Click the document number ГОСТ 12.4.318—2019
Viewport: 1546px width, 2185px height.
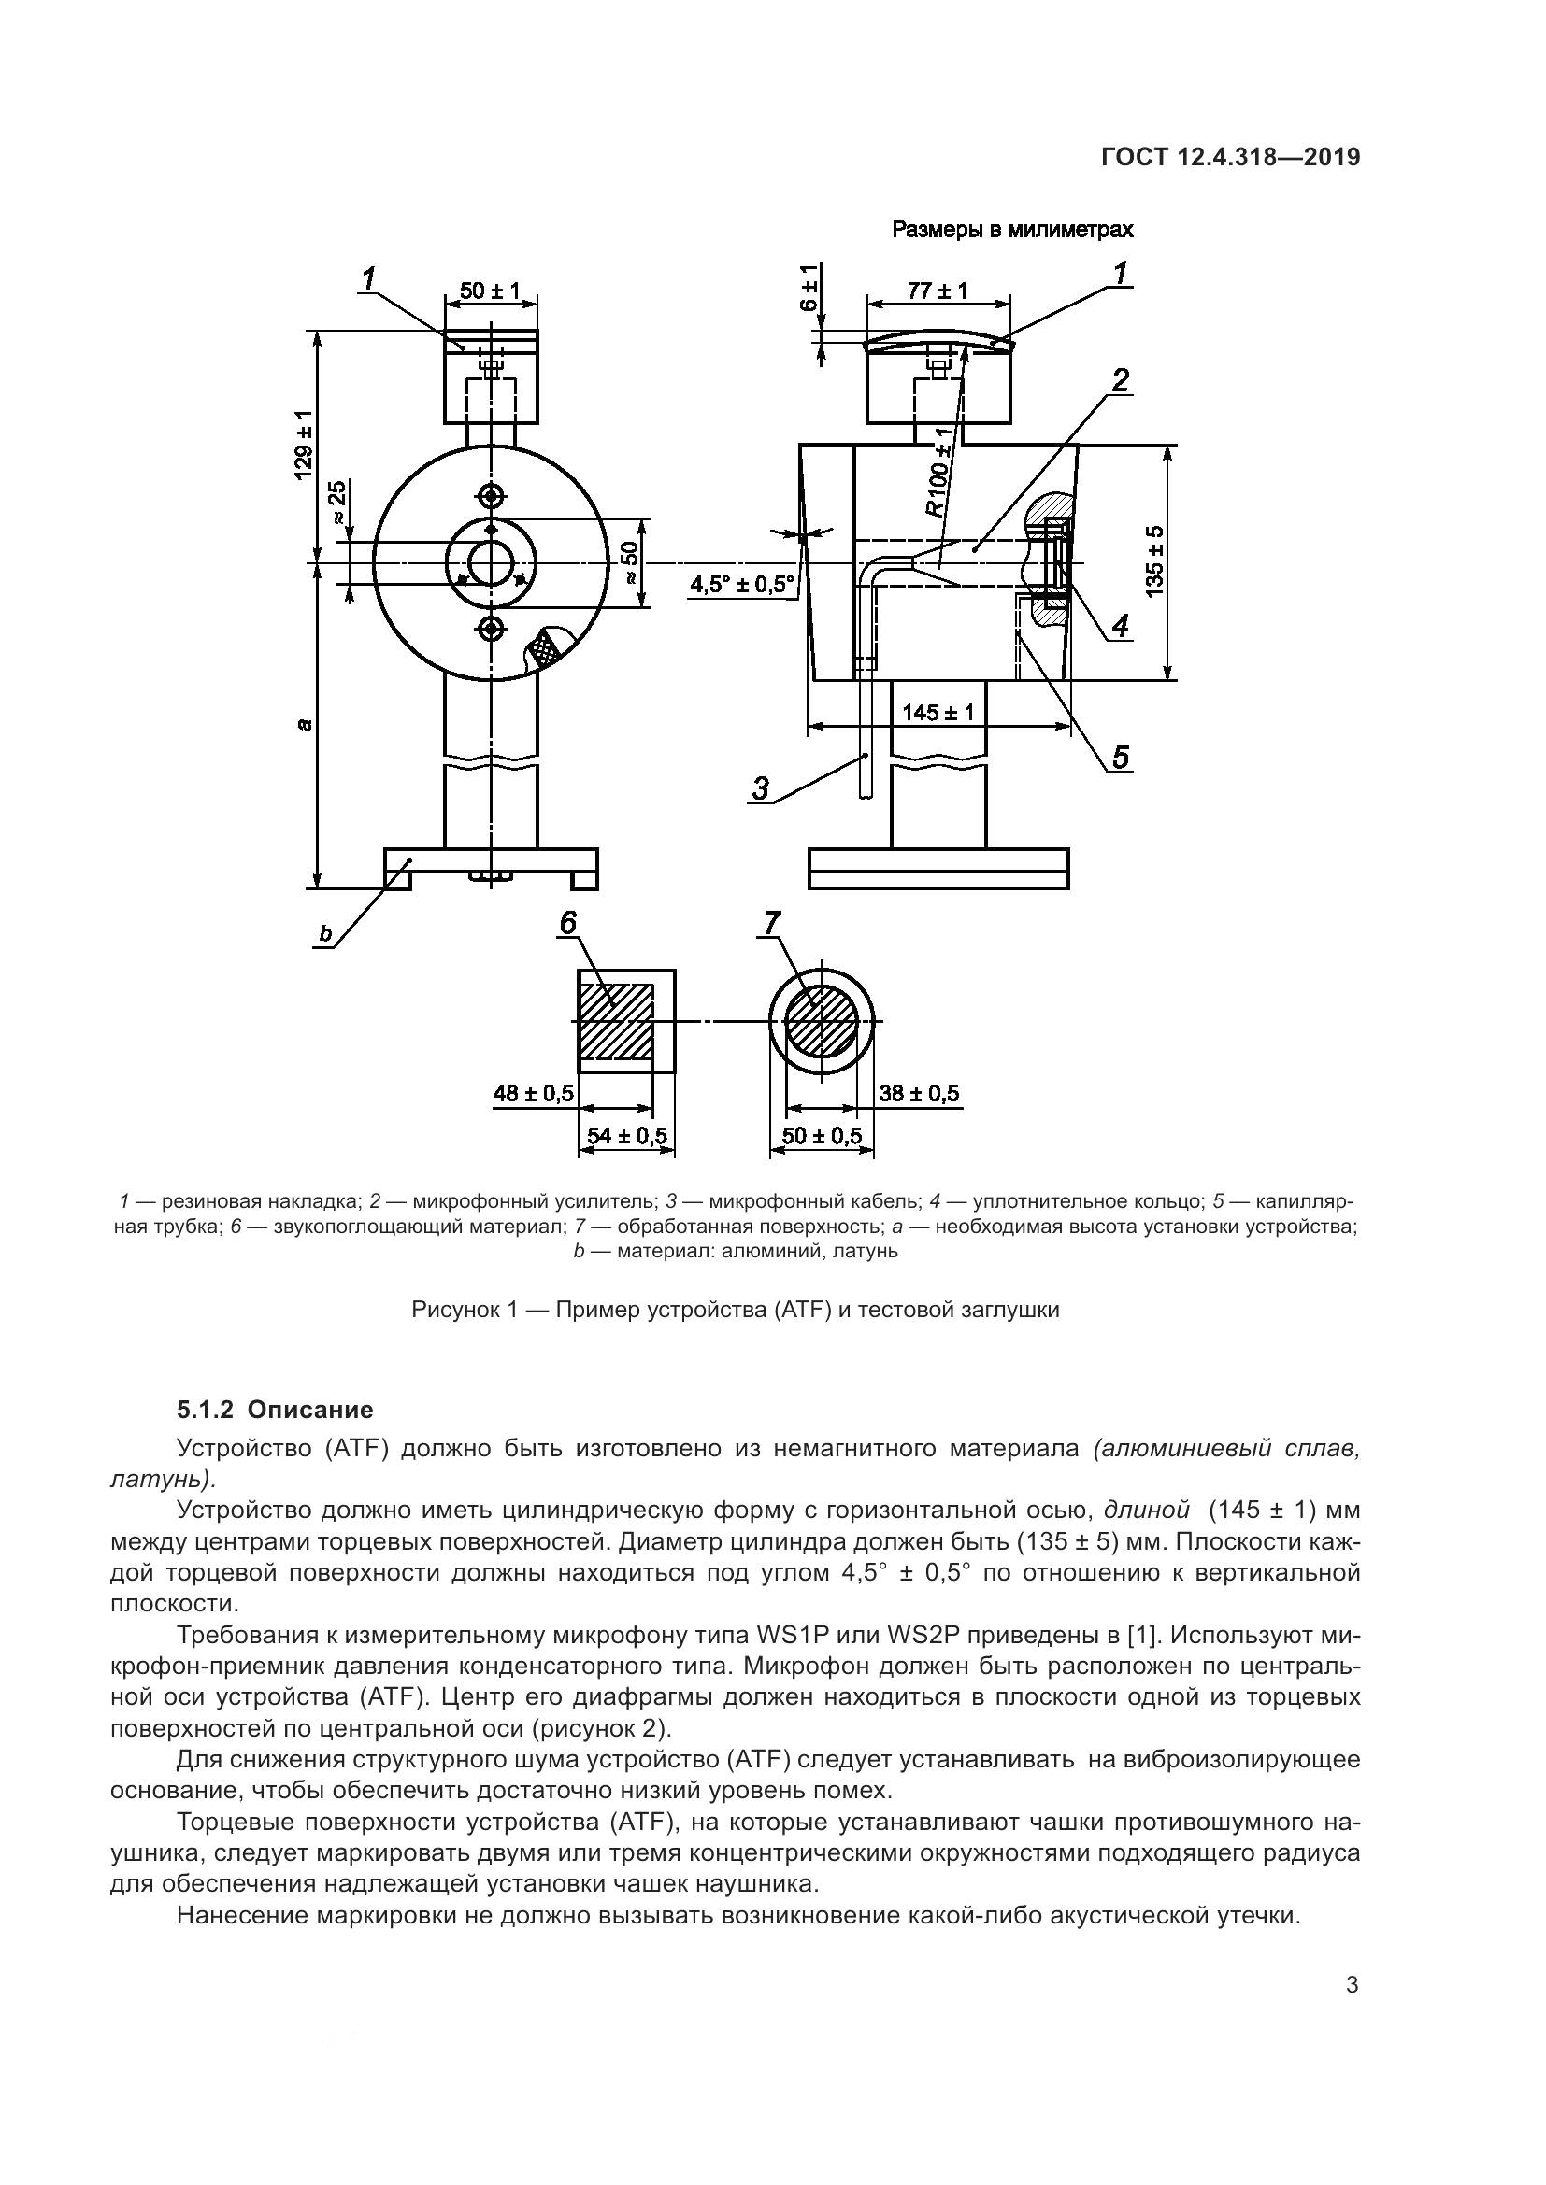coord(1230,157)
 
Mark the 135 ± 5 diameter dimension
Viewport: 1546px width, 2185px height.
coord(1153,560)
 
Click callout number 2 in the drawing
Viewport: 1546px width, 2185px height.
coord(1121,380)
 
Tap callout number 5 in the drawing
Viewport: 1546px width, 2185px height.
coord(1120,757)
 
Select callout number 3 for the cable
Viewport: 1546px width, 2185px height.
coord(761,788)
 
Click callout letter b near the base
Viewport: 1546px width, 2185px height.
coord(325,934)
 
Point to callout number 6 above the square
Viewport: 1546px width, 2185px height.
coord(568,922)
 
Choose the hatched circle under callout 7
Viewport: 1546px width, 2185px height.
coord(821,1020)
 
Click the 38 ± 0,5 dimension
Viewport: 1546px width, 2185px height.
coord(919,1094)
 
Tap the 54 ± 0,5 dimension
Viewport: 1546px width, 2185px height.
coord(626,1135)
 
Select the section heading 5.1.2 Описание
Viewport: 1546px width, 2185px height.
coord(275,1410)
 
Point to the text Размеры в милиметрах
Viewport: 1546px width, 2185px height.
coord(1012,230)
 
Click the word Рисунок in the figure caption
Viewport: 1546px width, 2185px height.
coord(453,1310)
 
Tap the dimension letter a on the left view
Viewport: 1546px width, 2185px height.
coord(303,725)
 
